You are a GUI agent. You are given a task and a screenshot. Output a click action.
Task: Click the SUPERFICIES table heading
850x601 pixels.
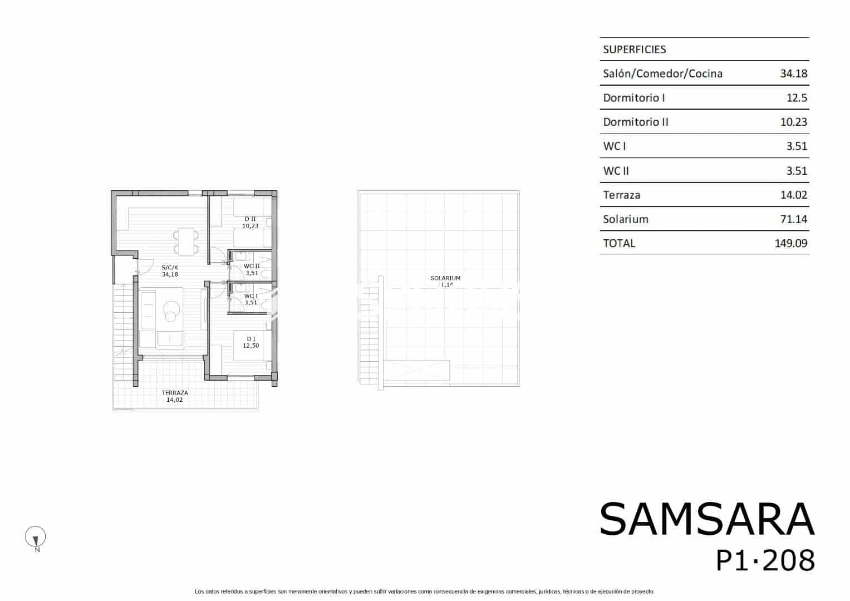click(634, 50)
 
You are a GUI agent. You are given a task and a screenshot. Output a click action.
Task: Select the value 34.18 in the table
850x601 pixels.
click(793, 73)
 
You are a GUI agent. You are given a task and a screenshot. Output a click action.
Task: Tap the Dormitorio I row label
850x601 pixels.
click(633, 98)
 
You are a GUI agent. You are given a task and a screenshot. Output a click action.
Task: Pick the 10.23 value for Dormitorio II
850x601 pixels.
click(793, 122)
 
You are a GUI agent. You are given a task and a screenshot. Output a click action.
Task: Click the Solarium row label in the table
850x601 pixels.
click(625, 219)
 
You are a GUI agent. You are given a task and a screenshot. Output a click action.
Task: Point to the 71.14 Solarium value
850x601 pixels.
click(793, 219)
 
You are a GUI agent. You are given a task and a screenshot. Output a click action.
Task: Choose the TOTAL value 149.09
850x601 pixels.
click(790, 243)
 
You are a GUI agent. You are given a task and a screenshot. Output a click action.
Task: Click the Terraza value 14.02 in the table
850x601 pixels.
click(793, 195)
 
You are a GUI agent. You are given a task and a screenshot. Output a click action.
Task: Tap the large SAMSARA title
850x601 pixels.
click(706, 519)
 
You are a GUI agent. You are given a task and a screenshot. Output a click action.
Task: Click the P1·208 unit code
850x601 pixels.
click(765, 560)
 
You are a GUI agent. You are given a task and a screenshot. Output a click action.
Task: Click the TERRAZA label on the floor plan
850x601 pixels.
click(174, 393)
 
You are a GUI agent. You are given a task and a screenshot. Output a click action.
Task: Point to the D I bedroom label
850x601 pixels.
click(251, 339)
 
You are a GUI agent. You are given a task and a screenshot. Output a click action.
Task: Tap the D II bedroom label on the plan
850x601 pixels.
click(249, 219)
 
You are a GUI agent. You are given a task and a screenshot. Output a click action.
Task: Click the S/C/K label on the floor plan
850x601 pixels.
click(170, 267)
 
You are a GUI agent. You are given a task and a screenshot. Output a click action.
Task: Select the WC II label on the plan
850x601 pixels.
click(252, 266)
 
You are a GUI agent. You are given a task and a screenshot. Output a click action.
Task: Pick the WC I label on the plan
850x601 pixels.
click(250, 296)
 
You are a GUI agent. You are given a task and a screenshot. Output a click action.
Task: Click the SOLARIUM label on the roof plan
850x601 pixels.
click(445, 278)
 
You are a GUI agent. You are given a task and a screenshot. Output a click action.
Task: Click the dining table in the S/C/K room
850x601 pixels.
click(186, 241)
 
